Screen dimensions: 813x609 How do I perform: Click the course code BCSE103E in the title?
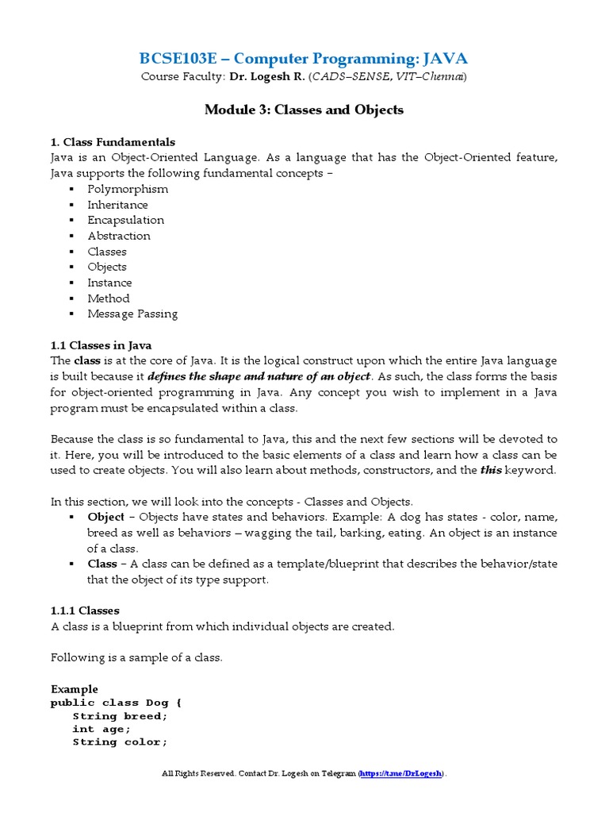178,58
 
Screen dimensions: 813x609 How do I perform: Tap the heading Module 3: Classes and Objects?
304,110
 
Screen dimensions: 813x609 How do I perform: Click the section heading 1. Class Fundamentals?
113,142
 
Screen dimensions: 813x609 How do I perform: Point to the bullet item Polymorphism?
128,189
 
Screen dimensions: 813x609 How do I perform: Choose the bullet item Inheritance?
117,205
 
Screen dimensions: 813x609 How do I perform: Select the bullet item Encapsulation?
126,220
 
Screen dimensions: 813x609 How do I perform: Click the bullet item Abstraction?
119,236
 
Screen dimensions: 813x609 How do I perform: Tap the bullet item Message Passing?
132,314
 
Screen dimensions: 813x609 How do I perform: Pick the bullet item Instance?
109,283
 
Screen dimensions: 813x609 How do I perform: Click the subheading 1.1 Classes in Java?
101,345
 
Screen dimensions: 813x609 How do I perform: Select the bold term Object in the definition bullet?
105,517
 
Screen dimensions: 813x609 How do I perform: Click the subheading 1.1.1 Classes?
85,611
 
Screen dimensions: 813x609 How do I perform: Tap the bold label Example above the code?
75,688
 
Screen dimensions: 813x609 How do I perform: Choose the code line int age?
101,729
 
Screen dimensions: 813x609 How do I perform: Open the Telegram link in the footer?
402,773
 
